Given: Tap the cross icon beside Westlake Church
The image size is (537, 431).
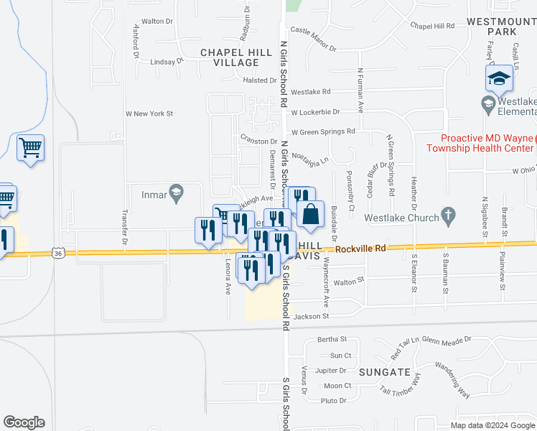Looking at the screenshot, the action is (448, 214).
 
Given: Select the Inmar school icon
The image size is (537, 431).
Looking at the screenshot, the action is (175, 193).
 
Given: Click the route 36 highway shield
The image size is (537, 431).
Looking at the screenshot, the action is (59, 253).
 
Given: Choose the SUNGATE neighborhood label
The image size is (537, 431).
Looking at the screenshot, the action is (391, 372).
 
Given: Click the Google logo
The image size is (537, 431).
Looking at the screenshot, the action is (24, 422).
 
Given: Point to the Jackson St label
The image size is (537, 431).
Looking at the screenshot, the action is (310, 316).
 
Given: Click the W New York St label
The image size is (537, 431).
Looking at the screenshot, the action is (150, 113).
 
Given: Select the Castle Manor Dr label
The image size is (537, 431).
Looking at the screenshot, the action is (313, 40).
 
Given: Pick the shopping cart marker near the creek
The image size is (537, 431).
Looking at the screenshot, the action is (30, 148).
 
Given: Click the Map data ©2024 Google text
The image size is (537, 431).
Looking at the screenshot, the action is (492, 425).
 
